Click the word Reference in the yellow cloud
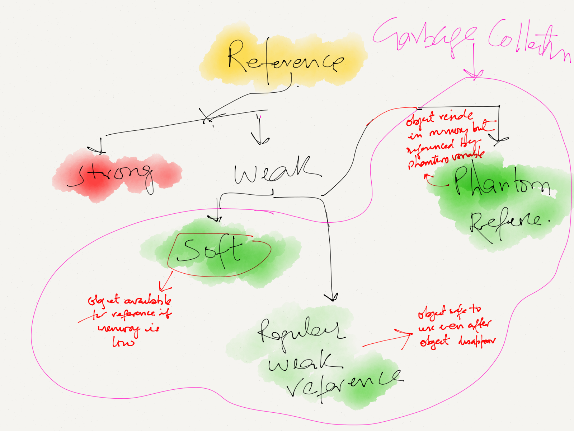click(x=285, y=59)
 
